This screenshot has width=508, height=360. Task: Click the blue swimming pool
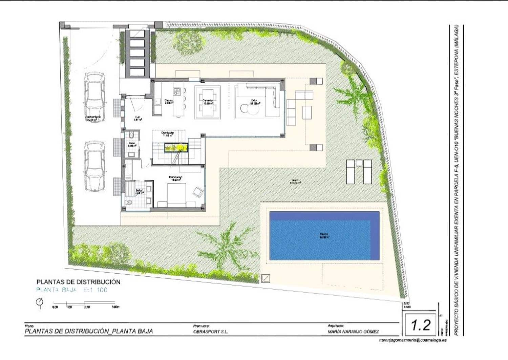tap(324, 236)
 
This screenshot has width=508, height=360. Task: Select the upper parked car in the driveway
tap(94, 98)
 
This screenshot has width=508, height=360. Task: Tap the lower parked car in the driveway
tap(94, 166)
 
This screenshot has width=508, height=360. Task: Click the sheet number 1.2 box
tap(421, 325)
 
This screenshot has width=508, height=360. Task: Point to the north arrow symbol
tap(40, 302)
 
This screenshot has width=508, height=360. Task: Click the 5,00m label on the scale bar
tap(115, 307)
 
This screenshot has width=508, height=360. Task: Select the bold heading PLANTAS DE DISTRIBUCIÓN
tap(78, 282)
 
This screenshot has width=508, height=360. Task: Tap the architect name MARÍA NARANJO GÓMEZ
tap(353, 332)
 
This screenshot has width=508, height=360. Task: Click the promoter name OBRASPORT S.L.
tap(210, 332)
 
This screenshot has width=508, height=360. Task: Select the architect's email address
tap(412, 340)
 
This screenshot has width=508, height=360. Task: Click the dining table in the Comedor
tap(208, 102)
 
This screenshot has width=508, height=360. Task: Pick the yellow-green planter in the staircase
tap(176, 147)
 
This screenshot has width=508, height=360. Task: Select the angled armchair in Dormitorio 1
tap(197, 192)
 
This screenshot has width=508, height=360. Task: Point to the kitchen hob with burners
tap(177, 91)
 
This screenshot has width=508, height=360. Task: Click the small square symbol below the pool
tap(266, 278)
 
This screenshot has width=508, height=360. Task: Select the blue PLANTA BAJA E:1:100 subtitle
tap(71, 290)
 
